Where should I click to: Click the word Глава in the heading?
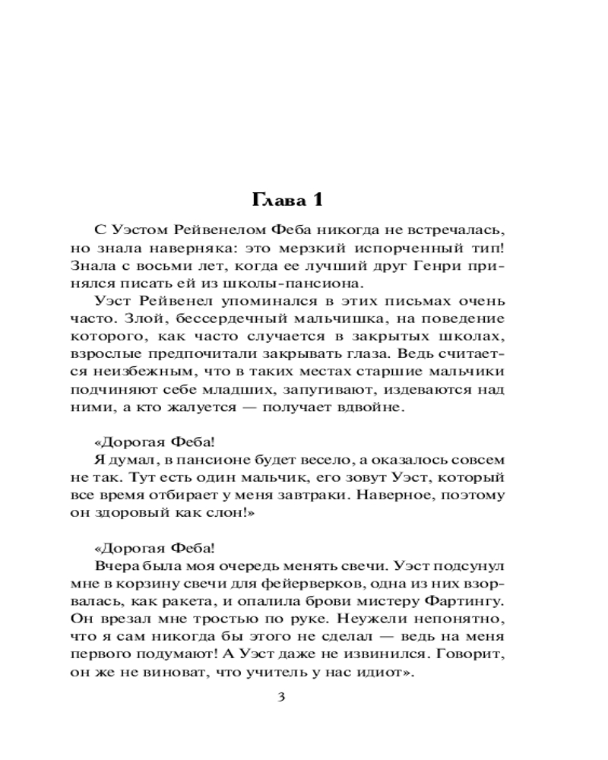point(276,201)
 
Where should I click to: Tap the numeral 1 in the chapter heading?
point(318,201)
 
